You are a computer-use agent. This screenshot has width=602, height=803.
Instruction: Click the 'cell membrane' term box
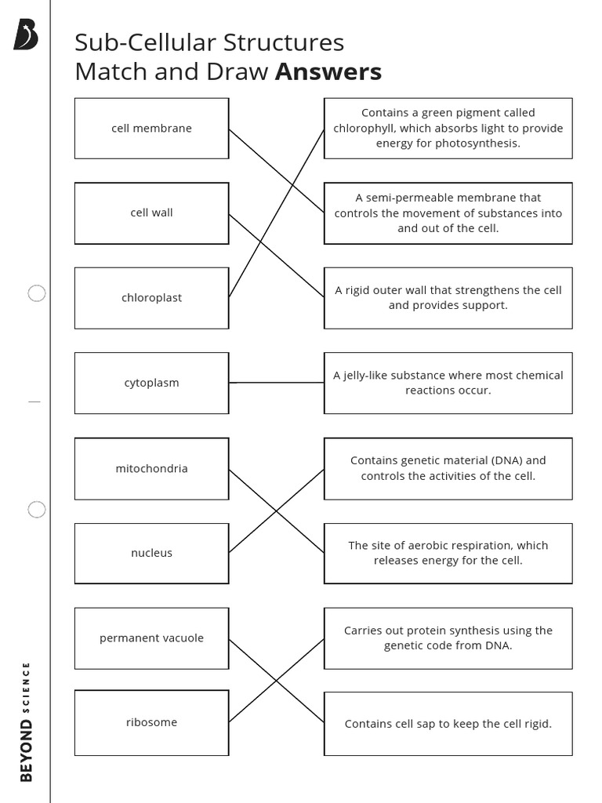coord(151,128)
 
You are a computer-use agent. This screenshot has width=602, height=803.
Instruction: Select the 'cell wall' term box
coord(151,213)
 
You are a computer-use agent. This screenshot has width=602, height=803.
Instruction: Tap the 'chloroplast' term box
coord(151,298)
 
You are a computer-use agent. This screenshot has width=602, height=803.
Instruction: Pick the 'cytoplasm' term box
coord(151,383)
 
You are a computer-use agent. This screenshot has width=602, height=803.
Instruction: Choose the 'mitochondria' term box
coord(151,468)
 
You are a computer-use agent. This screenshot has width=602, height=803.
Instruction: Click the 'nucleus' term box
coord(151,553)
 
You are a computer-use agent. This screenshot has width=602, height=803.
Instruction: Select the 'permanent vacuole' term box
coord(151,638)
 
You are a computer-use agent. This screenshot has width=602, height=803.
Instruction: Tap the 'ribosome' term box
coord(151,722)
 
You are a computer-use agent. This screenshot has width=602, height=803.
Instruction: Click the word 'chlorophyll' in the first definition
coord(364,128)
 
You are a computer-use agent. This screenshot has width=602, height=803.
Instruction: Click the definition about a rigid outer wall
coord(448,297)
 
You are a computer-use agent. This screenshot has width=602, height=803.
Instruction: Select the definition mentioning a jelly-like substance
coord(448,383)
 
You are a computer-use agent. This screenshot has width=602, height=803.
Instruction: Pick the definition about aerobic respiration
coord(448,553)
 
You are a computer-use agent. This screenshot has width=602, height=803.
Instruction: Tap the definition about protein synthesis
coord(448,638)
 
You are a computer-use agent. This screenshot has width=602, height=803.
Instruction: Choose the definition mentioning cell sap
coord(448,724)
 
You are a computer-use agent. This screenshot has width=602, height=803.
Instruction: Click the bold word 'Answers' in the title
coord(328,72)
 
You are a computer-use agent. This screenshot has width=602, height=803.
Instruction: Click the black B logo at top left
coord(25,35)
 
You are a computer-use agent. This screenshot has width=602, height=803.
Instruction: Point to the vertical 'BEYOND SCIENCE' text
coord(27,721)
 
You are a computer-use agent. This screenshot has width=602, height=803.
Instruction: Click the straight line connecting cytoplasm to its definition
coord(276,383)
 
